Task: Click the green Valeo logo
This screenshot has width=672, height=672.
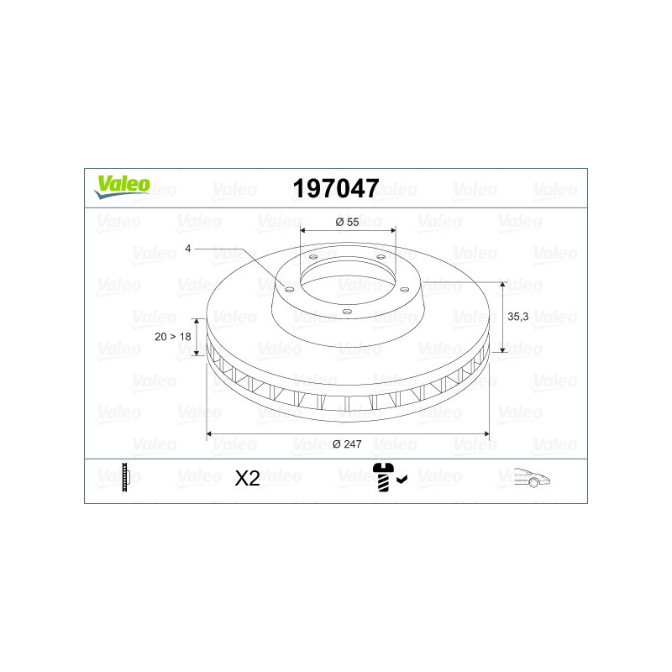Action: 122,186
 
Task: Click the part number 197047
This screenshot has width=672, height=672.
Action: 336,188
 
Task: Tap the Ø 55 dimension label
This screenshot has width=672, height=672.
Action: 347,222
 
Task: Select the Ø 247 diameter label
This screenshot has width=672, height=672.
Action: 347,444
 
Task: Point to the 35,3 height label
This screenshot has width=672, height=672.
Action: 517,317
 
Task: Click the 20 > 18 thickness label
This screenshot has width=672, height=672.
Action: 173,337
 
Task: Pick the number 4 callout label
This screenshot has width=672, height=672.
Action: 187,249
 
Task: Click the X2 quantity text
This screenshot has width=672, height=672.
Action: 247,478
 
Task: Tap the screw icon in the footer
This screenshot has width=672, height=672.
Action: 383,477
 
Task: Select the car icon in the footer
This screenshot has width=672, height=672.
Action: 532,477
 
